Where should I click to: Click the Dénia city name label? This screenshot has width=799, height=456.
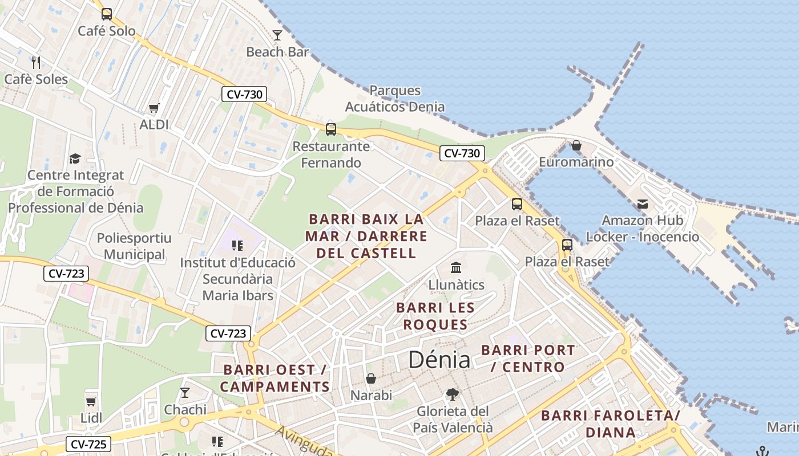439,360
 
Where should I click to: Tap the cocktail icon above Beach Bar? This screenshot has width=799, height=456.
277,35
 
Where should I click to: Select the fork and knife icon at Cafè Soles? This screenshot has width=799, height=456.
36,62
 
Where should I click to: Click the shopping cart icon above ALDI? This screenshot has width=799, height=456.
154,108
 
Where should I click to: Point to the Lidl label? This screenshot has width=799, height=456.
91,418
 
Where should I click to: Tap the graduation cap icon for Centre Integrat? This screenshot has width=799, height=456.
75,158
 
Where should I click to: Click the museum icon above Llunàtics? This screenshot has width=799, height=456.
456,267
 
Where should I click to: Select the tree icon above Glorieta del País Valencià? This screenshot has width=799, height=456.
453,394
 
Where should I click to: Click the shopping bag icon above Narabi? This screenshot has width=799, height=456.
371,378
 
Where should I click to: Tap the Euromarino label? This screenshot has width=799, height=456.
576,162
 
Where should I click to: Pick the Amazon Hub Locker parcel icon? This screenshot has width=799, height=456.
643,203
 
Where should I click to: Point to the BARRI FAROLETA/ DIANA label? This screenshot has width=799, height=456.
611,424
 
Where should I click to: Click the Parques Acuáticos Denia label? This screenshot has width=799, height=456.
395,99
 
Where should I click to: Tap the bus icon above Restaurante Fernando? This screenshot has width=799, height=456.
331,129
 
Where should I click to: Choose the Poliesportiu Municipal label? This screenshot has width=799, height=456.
134,246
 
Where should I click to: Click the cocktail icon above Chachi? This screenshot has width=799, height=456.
185,392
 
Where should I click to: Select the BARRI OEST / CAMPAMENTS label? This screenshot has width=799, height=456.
275,378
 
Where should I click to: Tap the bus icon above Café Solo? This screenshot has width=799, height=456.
107,14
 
